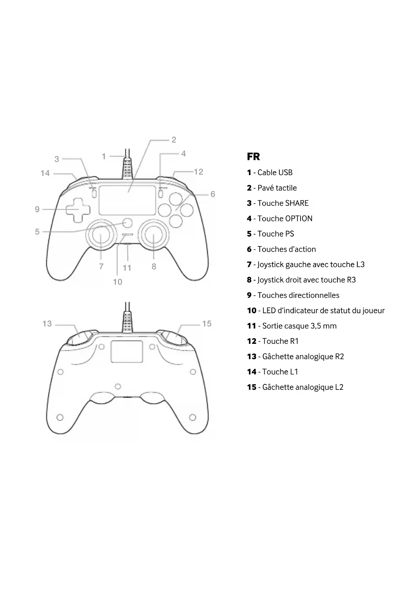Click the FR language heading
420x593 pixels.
tap(253, 157)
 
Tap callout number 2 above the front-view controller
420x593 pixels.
tap(174, 140)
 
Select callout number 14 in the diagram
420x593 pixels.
tap(45, 173)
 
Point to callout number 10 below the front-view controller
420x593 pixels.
tap(117, 282)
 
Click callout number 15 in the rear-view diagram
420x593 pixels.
tap(207, 324)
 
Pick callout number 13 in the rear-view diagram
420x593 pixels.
tap(47, 324)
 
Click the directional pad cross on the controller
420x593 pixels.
tap(78, 210)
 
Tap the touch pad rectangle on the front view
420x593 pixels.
tap(128, 200)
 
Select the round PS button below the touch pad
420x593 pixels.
tap(128, 222)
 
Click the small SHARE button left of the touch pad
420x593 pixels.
tap(94, 193)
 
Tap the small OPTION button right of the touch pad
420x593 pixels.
tap(161, 193)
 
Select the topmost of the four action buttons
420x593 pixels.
tap(176, 199)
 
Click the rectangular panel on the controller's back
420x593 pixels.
tap(127, 352)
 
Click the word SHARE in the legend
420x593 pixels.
tap(297, 203)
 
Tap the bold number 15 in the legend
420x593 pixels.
tap(251, 387)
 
